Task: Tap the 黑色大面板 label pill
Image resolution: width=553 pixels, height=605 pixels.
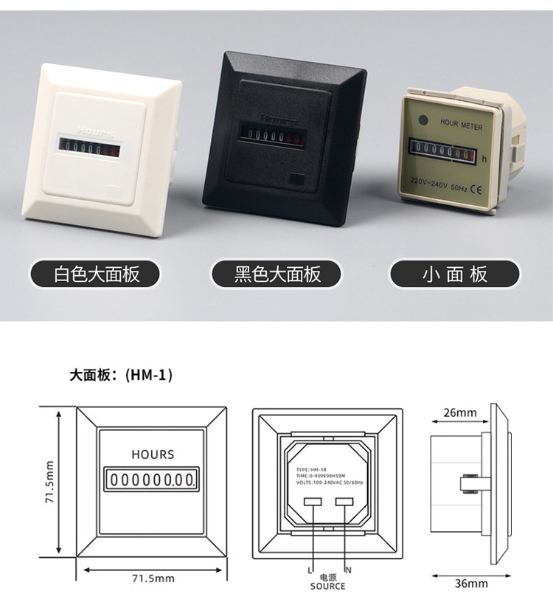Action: pyautogui.click(x=277, y=275)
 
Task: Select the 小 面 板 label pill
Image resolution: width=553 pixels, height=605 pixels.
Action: pyautogui.click(x=455, y=275)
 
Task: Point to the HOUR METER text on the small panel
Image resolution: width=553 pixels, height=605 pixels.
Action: pyautogui.click(x=461, y=126)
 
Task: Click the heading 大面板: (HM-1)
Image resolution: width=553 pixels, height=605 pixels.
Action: pyautogui.click(x=122, y=375)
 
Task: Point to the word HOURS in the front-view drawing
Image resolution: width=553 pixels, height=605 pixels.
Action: pyautogui.click(x=153, y=454)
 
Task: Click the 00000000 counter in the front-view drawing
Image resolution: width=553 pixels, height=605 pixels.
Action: pyautogui.click(x=153, y=480)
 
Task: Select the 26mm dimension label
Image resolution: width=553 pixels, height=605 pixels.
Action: pyautogui.click(x=459, y=412)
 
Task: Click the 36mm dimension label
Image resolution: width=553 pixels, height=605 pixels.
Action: pyautogui.click(x=471, y=584)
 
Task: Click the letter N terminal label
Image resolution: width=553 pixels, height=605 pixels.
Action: pyautogui.click(x=349, y=570)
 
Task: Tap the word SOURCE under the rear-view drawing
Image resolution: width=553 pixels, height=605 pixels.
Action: pyautogui.click(x=327, y=586)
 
